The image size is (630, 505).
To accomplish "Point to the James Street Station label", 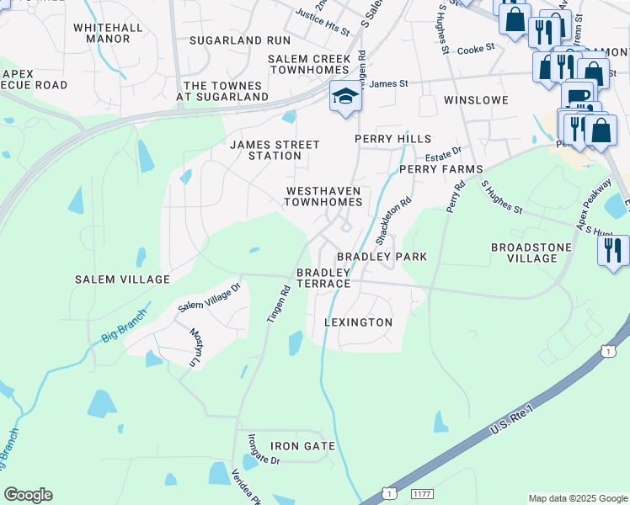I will (275, 150).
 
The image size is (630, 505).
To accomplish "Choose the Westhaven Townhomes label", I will (324, 196).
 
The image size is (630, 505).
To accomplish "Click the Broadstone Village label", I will (531, 252).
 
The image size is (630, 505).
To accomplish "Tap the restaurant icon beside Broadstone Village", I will (612, 250).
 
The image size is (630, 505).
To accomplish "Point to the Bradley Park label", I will (382, 256).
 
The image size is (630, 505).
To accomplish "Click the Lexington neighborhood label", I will (359, 322).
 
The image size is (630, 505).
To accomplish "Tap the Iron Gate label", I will (302, 446).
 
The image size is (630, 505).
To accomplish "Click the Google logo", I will (28, 495).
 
